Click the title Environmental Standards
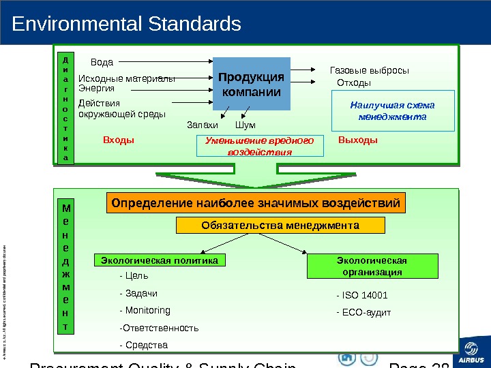point(127,25)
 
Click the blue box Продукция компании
point(252,84)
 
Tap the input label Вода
point(102,62)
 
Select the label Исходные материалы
point(127,78)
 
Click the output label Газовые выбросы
point(369,70)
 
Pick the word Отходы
point(355,83)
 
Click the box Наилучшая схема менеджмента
point(392,110)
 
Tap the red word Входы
point(119,140)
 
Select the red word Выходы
point(357,140)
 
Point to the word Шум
point(245,125)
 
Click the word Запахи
point(203,125)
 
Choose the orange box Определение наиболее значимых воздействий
point(256,202)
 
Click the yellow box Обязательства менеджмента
point(281,225)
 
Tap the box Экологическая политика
point(160,260)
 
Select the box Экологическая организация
point(372,266)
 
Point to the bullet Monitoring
point(145,310)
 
